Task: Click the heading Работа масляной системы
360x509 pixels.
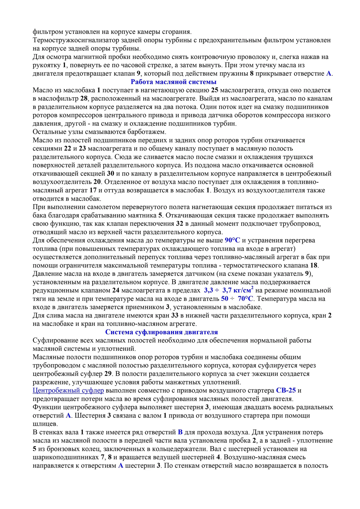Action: coord(174,82)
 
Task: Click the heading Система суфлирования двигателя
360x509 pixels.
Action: coord(161,332)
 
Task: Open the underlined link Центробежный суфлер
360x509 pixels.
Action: coord(68,390)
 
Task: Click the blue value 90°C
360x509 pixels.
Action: coord(232,240)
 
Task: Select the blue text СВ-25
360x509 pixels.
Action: coord(286,390)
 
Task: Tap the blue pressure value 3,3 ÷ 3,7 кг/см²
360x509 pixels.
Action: coord(228,290)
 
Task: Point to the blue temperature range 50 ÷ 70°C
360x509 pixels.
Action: coord(237,299)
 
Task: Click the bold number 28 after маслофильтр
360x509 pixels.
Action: coord(84,99)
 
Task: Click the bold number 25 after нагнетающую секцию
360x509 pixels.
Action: coord(215,90)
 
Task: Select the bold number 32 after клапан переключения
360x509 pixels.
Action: coord(180,224)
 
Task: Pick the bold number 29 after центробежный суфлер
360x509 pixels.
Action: coord(108,374)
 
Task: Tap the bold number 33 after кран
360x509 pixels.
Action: coord(175,315)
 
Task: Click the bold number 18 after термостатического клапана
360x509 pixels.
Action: coord(314,265)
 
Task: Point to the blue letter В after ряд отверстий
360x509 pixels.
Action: coord(180,432)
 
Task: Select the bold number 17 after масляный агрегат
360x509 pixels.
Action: coord(93,190)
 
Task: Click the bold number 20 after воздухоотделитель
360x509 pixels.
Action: coord(97,182)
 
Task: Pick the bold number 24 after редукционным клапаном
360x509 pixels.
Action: coord(116,291)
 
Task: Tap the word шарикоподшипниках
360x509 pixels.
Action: coord(66,457)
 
